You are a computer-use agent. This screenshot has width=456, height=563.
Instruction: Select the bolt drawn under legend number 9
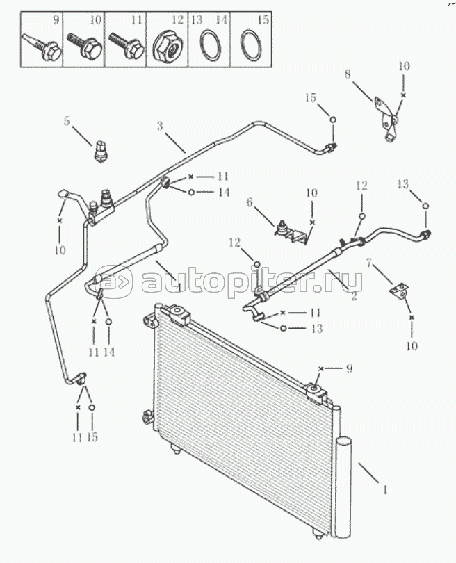coord(42,48)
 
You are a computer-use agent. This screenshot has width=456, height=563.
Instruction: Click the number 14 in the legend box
coord(222,19)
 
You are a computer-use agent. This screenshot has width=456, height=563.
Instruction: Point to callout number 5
coord(67,121)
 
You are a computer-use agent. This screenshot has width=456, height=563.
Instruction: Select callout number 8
coord(347,74)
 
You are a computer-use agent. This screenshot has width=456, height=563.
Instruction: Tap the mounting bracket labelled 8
coord(386,119)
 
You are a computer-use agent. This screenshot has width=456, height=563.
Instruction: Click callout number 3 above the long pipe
coord(160,126)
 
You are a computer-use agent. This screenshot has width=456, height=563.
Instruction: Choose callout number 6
coord(250,203)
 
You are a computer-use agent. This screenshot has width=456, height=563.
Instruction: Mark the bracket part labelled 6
coord(291,233)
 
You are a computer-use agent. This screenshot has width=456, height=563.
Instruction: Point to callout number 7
coord(368,263)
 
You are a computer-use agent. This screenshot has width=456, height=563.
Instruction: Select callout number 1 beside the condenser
coord(385,490)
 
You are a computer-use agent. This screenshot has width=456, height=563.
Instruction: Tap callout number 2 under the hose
coord(355,296)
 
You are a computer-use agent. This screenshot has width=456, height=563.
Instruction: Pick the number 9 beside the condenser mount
coord(349,368)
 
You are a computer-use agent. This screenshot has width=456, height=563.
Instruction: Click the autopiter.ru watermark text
coord(252,281)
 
